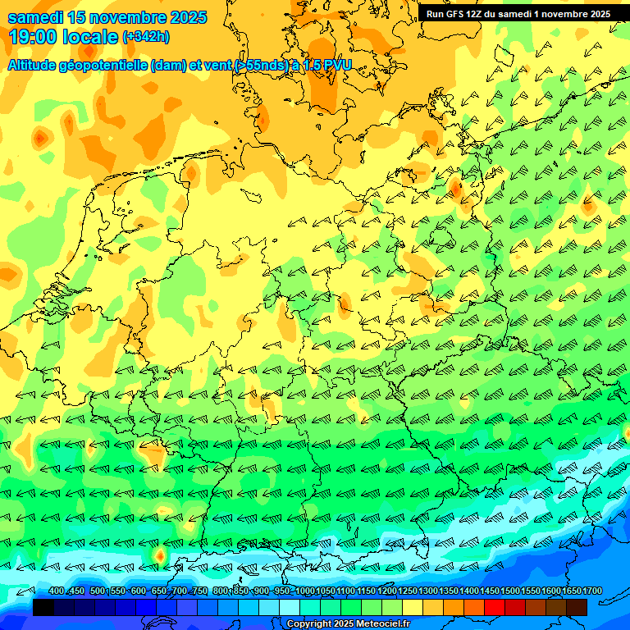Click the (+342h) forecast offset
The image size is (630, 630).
click(147, 37)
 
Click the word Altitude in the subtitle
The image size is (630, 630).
click(36, 65)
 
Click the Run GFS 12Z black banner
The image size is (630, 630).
click(518, 14)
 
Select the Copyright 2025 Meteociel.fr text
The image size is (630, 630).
click(349, 624)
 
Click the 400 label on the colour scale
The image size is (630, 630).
click(57, 591)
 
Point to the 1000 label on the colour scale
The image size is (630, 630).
click(304, 591)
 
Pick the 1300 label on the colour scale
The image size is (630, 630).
click(428, 591)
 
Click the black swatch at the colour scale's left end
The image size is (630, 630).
click(43, 607)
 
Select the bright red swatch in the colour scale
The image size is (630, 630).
click(495, 607)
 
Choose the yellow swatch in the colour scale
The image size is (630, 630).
click(413, 607)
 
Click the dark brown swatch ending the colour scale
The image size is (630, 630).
click(577, 607)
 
